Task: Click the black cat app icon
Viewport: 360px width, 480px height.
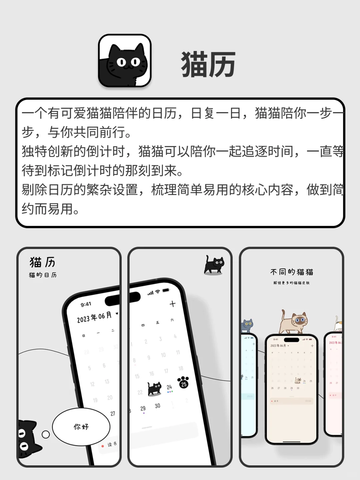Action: click(125, 60)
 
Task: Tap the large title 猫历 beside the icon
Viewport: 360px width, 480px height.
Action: click(208, 64)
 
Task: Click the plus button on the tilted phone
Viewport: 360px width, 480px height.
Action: click(172, 304)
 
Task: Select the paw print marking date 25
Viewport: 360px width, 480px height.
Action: click(183, 382)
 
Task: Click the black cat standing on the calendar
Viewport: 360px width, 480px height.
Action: click(155, 388)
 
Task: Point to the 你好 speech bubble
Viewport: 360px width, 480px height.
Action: click(81, 426)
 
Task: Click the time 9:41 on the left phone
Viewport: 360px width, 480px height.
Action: click(86, 304)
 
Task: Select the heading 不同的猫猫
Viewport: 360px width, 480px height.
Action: click(292, 272)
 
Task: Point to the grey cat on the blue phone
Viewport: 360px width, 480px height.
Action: click(247, 325)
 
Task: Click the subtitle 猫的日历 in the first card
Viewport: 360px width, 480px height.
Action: click(43, 275)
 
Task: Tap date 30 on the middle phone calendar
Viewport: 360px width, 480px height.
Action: click(157, 406)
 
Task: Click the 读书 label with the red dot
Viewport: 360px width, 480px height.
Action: click(111, 445)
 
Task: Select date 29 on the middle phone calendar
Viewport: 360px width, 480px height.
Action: click(143, 408)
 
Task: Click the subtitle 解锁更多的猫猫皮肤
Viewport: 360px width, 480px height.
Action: click(292, 283)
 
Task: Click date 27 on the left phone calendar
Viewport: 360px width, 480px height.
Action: click(113, 413)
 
